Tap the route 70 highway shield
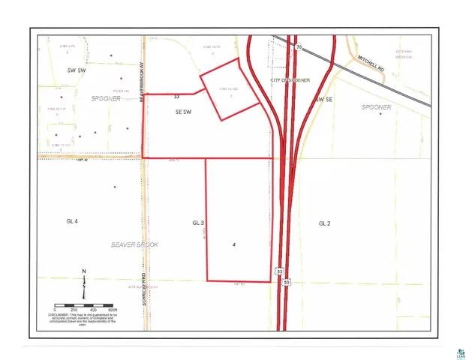pyautogui.click(x=299, y=46)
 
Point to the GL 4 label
pyautogui.click(x=73, y=222)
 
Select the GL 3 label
pyautogui.click(x=198, y=223)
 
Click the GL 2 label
pyautogui.click(x=324, y=223)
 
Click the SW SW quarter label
pyautogui.click(x=78, y=70)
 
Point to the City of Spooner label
pyautogui.click(x=290, y=79)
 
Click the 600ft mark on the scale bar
pyautogui.click(x=111, y=309)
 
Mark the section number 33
pyautogui.click(x=176, y=96)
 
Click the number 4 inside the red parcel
pyautogui.click(x=235, y=245)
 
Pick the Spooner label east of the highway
pyautogui.click(x=377, y=108)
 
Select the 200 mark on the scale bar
pyautogui.click(x=74, y=309)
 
